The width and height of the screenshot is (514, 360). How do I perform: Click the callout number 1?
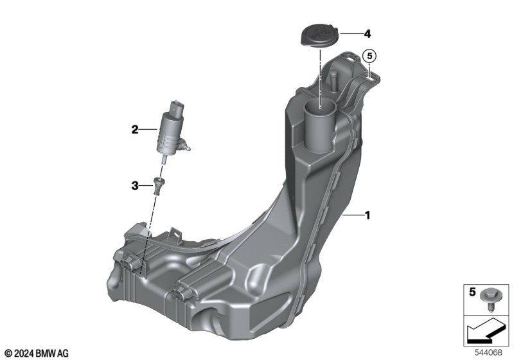pyautogui.click(x=368, y=216)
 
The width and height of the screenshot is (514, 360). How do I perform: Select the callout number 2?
pyautogui.click(x=135, y=130)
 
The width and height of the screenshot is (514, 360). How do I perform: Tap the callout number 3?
pyautogui.click(x=135, y=186)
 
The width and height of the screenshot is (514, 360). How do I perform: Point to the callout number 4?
pyautogui.click(x=368, y=33)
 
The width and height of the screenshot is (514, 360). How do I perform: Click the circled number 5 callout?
pyautogui.click(x=370, y=57)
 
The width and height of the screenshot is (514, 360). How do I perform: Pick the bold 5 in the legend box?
pyautogui.click(x=472, y=292)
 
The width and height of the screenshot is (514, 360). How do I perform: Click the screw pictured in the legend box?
pyautogui.click(x=489, y=298)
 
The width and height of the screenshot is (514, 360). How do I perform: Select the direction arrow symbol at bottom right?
pyautogui.click(x=486, y=330)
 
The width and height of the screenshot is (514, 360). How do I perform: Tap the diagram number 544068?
pyautogui.click(x=488, y=353)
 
